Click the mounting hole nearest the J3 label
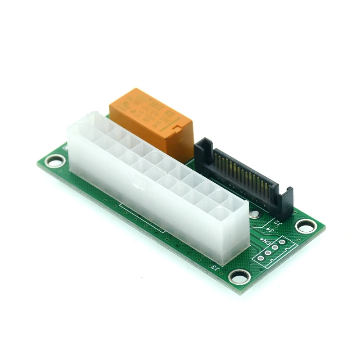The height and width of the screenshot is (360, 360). point(239,275)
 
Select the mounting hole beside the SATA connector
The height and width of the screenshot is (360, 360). point(306,225)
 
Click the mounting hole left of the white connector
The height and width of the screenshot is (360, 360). point(56,160)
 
